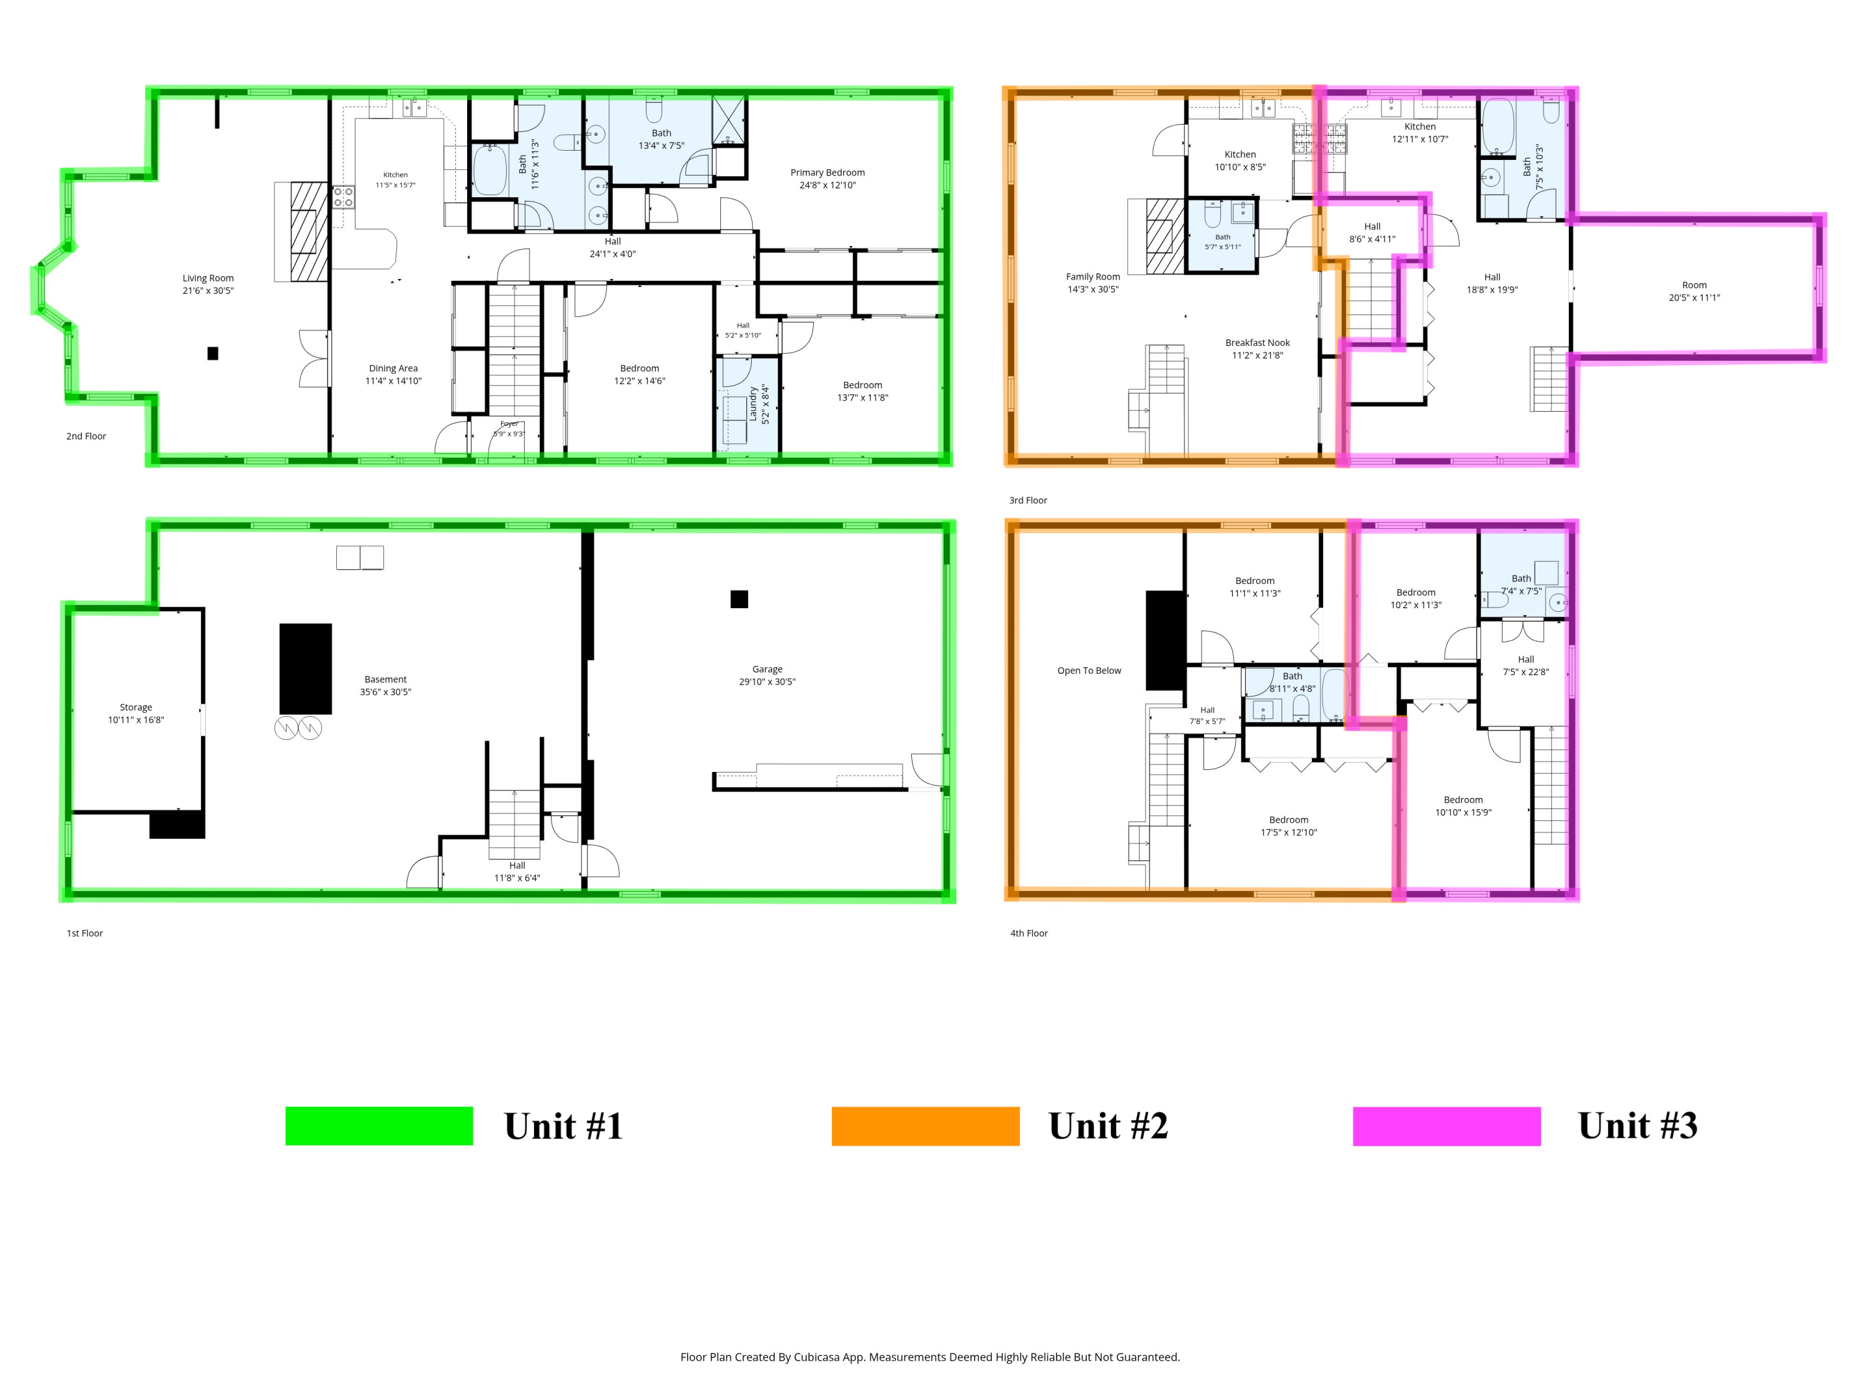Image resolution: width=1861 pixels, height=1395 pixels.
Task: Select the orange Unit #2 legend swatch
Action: (x=926, y=1126)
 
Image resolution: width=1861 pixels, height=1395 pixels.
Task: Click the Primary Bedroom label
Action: (x=827, y=172)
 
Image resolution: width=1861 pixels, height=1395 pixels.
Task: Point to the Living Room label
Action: (x=208, y=278)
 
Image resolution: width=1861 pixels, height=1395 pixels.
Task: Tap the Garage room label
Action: (x=767, y=670)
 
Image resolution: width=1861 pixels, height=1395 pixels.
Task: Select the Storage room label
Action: (x=135, y=707)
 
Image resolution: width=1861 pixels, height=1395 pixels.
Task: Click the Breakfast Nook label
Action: (x=1257, y=342)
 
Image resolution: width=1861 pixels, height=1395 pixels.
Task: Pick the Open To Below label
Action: (x=1089, y=670)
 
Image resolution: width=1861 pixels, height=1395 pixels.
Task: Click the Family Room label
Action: (x=1093, y=277)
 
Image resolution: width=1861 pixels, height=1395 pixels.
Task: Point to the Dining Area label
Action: (x=393, y=368)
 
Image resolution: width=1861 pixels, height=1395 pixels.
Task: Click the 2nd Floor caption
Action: (x=86, y=436)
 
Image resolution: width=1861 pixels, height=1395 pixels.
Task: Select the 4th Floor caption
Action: (x=1029, y=932)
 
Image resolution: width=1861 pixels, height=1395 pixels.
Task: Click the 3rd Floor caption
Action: (x=1028, y=500)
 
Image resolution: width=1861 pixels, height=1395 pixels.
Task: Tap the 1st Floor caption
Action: (x=85, y=932)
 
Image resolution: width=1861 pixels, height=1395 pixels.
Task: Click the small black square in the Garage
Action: (x=739, y=599)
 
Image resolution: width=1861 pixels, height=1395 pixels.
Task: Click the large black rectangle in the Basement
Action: (x=305, y=668)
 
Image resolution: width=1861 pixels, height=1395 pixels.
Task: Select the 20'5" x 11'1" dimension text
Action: (x=1694, y=298)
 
